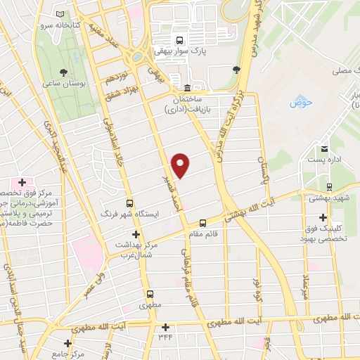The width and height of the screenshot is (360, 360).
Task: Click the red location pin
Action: point(181,165)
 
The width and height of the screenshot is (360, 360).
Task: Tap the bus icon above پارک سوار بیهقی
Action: point(179,40)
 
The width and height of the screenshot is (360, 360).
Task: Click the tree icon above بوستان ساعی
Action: point(64,72)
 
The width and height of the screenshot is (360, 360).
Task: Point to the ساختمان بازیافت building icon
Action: point(186,88)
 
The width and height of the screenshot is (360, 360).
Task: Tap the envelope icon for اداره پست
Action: point(324,148)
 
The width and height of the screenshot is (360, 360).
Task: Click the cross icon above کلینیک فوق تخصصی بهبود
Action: point(323,217)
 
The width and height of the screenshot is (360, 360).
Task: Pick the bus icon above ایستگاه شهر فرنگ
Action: point(129,201)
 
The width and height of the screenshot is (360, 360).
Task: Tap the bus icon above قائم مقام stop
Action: point(202,224)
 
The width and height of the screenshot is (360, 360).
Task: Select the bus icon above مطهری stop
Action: point(149,295)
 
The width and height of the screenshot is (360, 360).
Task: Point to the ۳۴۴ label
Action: point(165,337)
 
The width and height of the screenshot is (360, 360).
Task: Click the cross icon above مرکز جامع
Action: point(67,343)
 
